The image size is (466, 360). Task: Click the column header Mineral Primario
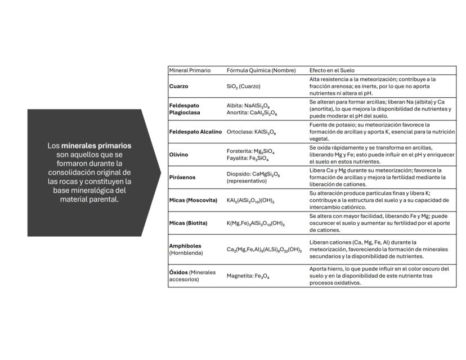[190, 70]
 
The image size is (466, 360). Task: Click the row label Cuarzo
[179, 87]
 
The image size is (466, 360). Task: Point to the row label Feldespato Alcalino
[195, 132]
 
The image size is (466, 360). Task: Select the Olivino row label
[179, 154]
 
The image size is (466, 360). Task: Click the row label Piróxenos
[182, 177]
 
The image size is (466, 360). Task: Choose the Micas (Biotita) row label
[189, 223]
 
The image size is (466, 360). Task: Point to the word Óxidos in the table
[178, 272]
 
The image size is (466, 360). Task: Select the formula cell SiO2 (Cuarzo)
[244, 87]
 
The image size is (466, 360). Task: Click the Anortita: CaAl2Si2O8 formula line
[252, 113]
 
